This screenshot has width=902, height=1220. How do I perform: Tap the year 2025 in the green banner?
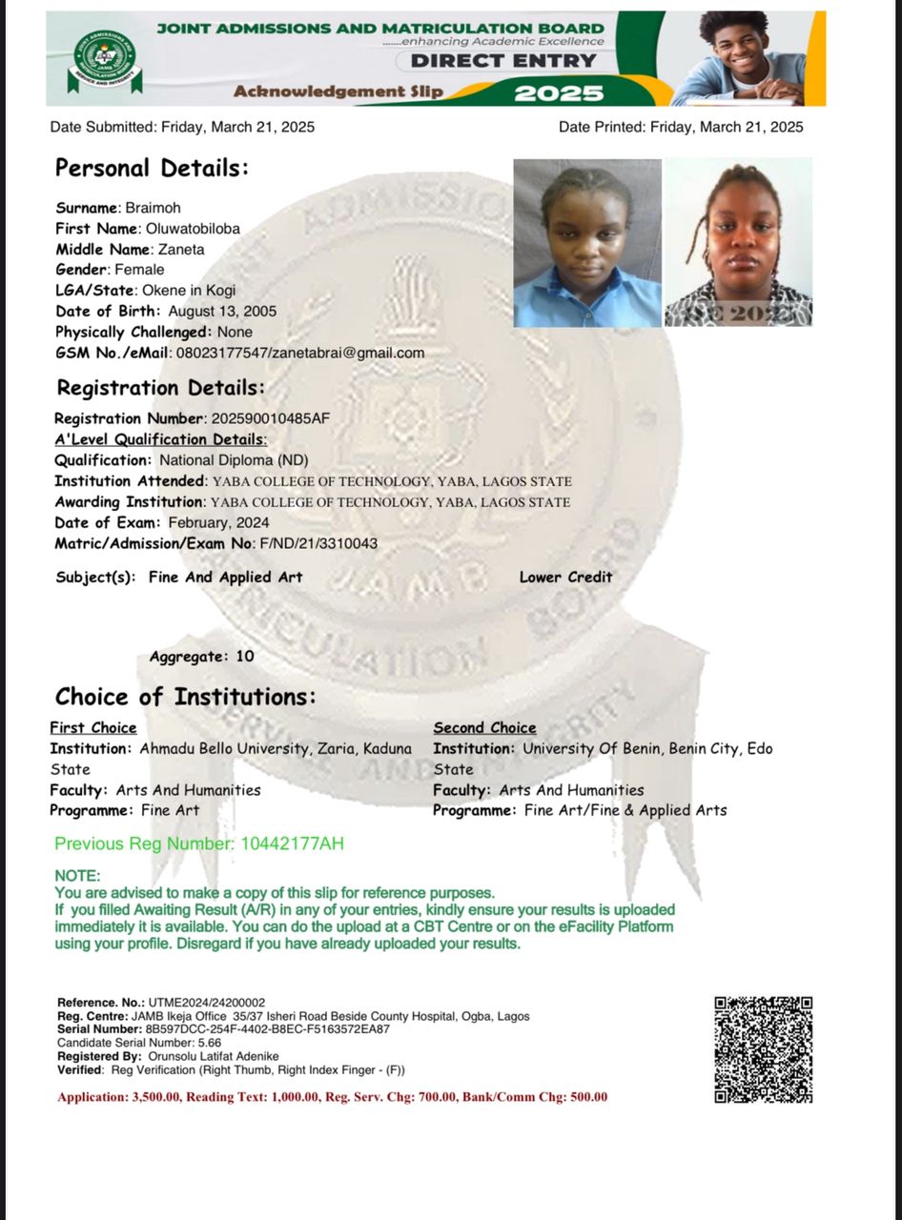click(x=559, y=92)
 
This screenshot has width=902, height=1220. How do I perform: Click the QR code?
click(x=763, y=1048)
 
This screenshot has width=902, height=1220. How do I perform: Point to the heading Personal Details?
click(x=152, y=169)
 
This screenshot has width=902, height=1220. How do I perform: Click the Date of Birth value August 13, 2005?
click(x=222, y=312)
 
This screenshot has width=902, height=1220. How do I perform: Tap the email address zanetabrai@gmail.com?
click(x=348, y=353)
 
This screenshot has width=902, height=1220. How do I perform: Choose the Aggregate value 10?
click(x=245, y=657)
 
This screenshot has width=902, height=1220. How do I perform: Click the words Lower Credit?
click(x=565, y=577)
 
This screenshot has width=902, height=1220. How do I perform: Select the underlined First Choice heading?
click(x=93, y=728)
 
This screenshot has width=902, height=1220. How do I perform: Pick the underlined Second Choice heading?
click(x=484, y=728)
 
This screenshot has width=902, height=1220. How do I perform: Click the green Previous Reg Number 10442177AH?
click(x=289, y=844)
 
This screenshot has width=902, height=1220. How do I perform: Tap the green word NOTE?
click(x=77, y=876)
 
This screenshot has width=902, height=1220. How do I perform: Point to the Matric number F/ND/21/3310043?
click(x=318, y=543)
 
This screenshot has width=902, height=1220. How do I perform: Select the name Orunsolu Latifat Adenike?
click(x=214, y=1057)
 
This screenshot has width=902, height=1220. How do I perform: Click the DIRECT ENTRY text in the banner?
click(x=503, y=61)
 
